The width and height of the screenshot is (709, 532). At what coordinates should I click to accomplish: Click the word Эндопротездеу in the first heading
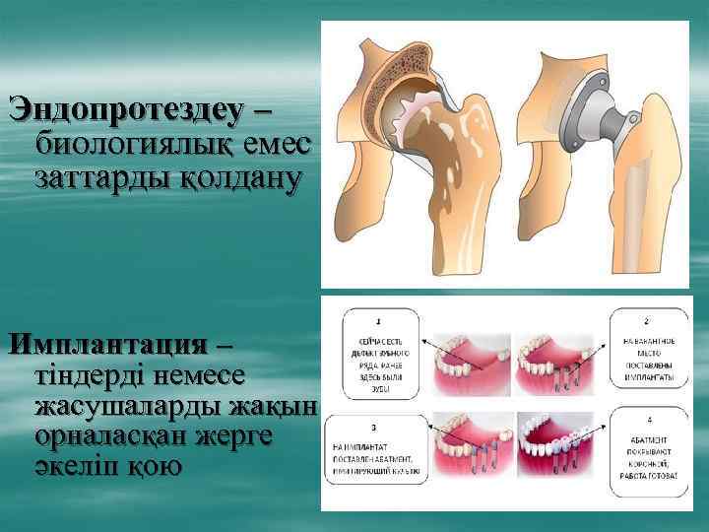click(124, 107)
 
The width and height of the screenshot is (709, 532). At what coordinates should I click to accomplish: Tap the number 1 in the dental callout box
click(379, 319)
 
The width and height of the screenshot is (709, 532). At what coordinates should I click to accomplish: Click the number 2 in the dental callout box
click(646, 320)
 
